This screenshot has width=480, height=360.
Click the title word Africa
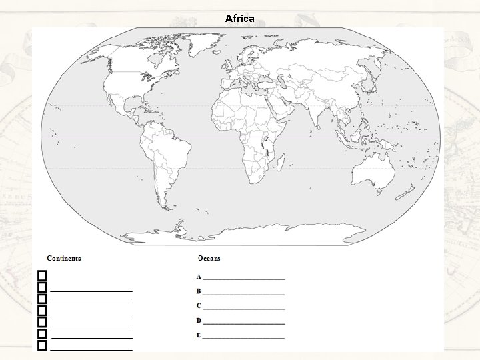(239, 18)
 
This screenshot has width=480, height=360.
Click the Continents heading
(63, 258)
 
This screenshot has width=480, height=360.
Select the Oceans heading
(209, 258)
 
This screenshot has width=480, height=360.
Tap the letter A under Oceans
(199, 276)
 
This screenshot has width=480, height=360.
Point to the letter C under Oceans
(199, 306)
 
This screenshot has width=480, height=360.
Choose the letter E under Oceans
(199, 335)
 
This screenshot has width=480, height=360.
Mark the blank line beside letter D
(243, 323)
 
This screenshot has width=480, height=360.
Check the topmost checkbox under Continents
(43, 275)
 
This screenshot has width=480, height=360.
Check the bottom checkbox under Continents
(43, 346)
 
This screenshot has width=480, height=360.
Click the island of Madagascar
(281, 162)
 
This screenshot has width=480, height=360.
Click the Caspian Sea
(285, 83)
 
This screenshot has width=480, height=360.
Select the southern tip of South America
(161, 207)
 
